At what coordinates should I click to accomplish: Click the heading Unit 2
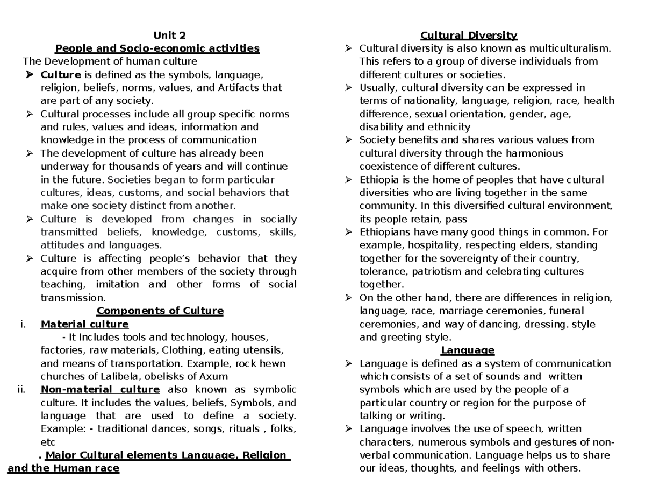point(169,36)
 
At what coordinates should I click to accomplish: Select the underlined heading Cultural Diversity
point(469,36)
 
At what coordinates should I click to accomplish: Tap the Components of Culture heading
point(160,311)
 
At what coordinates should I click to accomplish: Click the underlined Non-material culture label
point(100,390)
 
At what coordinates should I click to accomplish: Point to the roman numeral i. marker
point(21,325)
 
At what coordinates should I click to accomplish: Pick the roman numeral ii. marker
point(21,390)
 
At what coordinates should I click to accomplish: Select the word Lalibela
point(110,377)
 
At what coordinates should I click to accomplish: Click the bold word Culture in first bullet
point(61,75)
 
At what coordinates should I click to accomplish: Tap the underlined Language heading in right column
point(468,350)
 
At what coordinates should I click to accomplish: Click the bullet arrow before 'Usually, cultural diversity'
point(349,88)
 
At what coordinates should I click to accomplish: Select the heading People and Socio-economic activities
point(157,48)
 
